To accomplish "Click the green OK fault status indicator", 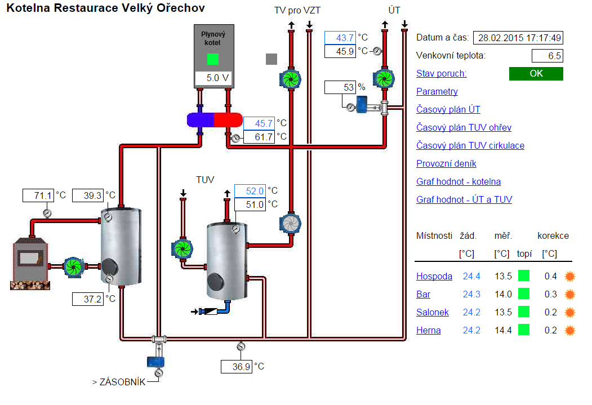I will point(536,74).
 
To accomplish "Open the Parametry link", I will point(437,91).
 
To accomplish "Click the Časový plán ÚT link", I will point(448,109).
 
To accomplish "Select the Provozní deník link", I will point(446,163).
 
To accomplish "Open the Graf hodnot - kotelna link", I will point(459,181).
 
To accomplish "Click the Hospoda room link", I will point(434,276).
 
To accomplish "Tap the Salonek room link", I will point(433,312).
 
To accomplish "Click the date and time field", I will point(518,38).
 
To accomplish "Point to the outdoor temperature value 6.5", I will point(548,56).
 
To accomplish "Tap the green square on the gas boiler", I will point(212,59).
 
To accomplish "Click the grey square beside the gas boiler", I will point(271,59).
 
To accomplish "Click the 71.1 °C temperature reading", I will point(38,195).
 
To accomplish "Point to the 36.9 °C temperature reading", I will point(236,367).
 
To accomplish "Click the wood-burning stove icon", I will point(29,262).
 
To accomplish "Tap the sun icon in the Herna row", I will point(570,330).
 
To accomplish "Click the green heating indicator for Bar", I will point(524,294).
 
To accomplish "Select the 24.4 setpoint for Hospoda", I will point(471,276).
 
